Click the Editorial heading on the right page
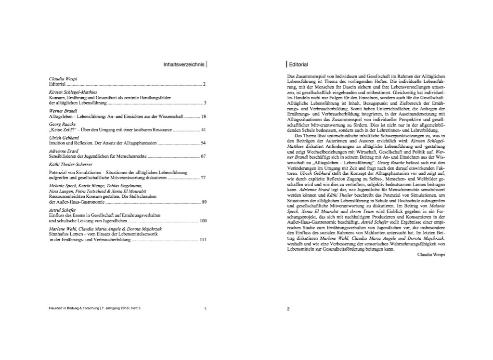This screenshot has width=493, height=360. pos(298,64)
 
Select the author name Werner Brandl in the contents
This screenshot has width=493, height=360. pos(64,110)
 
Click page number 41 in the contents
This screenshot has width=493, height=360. pos(203,130)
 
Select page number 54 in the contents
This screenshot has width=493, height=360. pos(203,143)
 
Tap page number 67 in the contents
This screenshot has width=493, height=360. pos(203,157)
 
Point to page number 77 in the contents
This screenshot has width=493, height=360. pos(203,178)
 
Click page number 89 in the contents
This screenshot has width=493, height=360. pos(203,201)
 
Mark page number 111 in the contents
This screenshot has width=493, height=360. pos(203,240)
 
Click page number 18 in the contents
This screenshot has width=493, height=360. pos(203,116)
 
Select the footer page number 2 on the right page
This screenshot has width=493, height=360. pos(288,309)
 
